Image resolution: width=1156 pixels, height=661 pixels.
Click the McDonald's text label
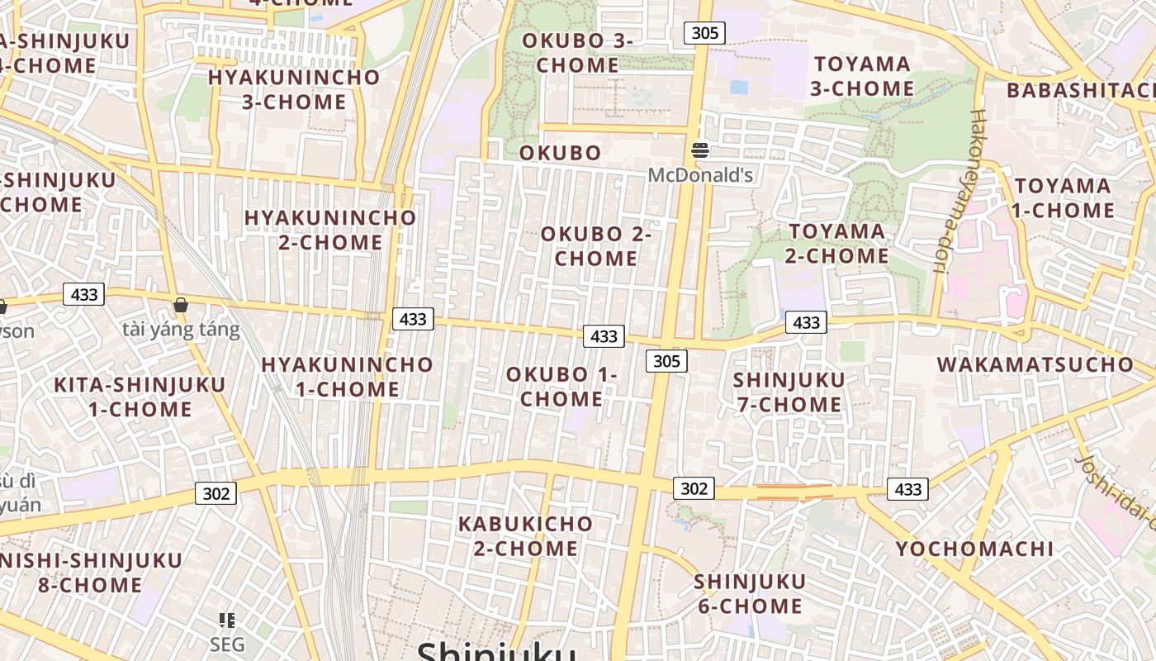click(700, 175)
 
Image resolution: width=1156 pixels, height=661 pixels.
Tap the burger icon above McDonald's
click(700, 150)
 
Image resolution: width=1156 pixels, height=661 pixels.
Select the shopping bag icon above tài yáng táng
click(181, 305)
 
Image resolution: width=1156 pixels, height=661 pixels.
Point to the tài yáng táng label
click(181, 330)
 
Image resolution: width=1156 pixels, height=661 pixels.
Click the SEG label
click(227, 644)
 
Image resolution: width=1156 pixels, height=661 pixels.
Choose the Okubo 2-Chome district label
click(596, 246)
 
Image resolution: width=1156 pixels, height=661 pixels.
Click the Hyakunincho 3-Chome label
click(294, 89)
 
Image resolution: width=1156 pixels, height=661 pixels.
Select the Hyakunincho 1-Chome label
click(347, 377)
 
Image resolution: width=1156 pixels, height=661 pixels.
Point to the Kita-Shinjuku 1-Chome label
click(140, 397)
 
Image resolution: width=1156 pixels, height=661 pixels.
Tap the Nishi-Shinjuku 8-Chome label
click(91, 573)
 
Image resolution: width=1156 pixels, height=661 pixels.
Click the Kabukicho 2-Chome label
click(525, 535)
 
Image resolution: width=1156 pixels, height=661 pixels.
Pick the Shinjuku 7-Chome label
click(789, 392)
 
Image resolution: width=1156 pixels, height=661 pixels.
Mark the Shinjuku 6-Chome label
click(750, 593)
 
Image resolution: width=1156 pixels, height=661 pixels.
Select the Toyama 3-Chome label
click(863, 76)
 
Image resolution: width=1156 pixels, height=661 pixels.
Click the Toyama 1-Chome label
click(1064, 197)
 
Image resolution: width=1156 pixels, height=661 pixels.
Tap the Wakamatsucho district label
click(1035, 364)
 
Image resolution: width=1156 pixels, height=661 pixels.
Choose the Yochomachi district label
click(974, 549)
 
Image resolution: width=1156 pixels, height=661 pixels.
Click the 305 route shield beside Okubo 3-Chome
click(704, 33)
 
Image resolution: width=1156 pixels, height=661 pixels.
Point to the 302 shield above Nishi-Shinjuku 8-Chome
click(216, 493)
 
